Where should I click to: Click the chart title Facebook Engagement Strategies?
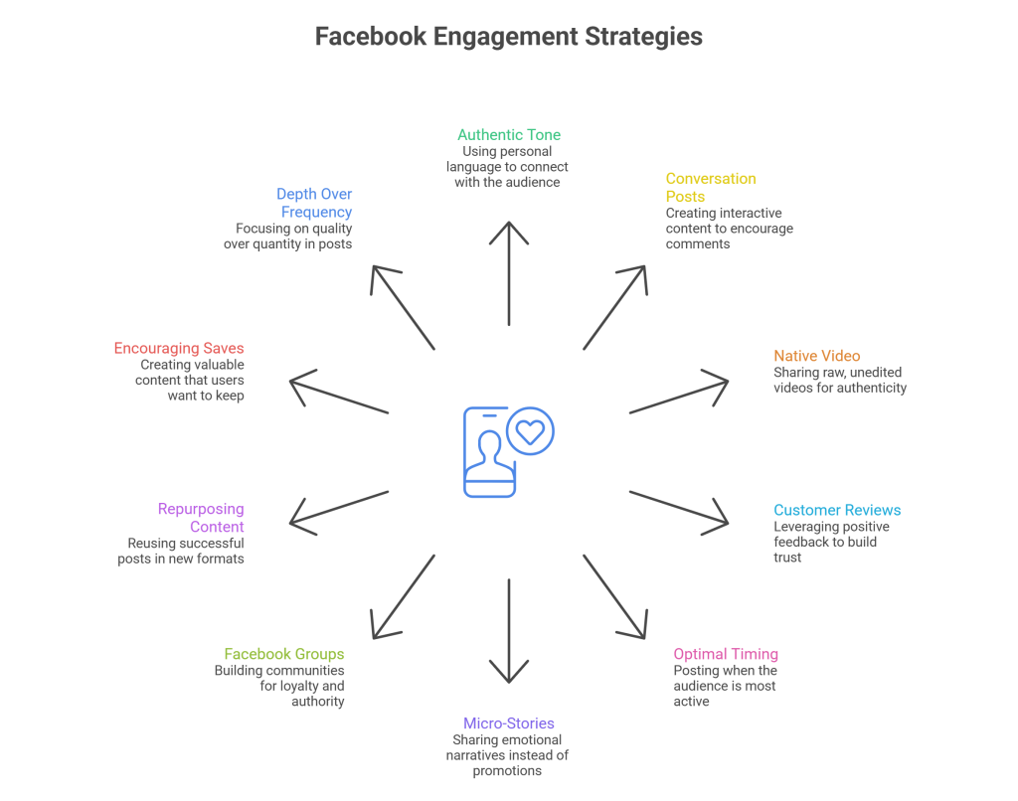click(508, 37)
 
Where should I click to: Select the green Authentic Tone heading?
click(509, 134)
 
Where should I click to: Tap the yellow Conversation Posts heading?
click(711, 188)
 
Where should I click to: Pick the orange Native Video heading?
click(817, 356)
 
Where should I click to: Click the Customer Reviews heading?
click(837, 510)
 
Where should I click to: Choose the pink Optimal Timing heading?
click(726, 654)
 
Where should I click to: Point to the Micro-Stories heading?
click(508, 722)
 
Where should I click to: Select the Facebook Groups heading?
click(284, 654)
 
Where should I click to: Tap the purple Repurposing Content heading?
click(201, 518)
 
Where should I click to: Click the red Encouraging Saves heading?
click(179, 349)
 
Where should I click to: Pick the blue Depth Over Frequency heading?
click(314, 203)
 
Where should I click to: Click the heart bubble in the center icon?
click(531, 432)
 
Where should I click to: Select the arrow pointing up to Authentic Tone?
click(508, 278)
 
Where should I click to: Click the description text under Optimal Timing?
click(725, 686)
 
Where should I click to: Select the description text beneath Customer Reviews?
click(831, 542)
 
